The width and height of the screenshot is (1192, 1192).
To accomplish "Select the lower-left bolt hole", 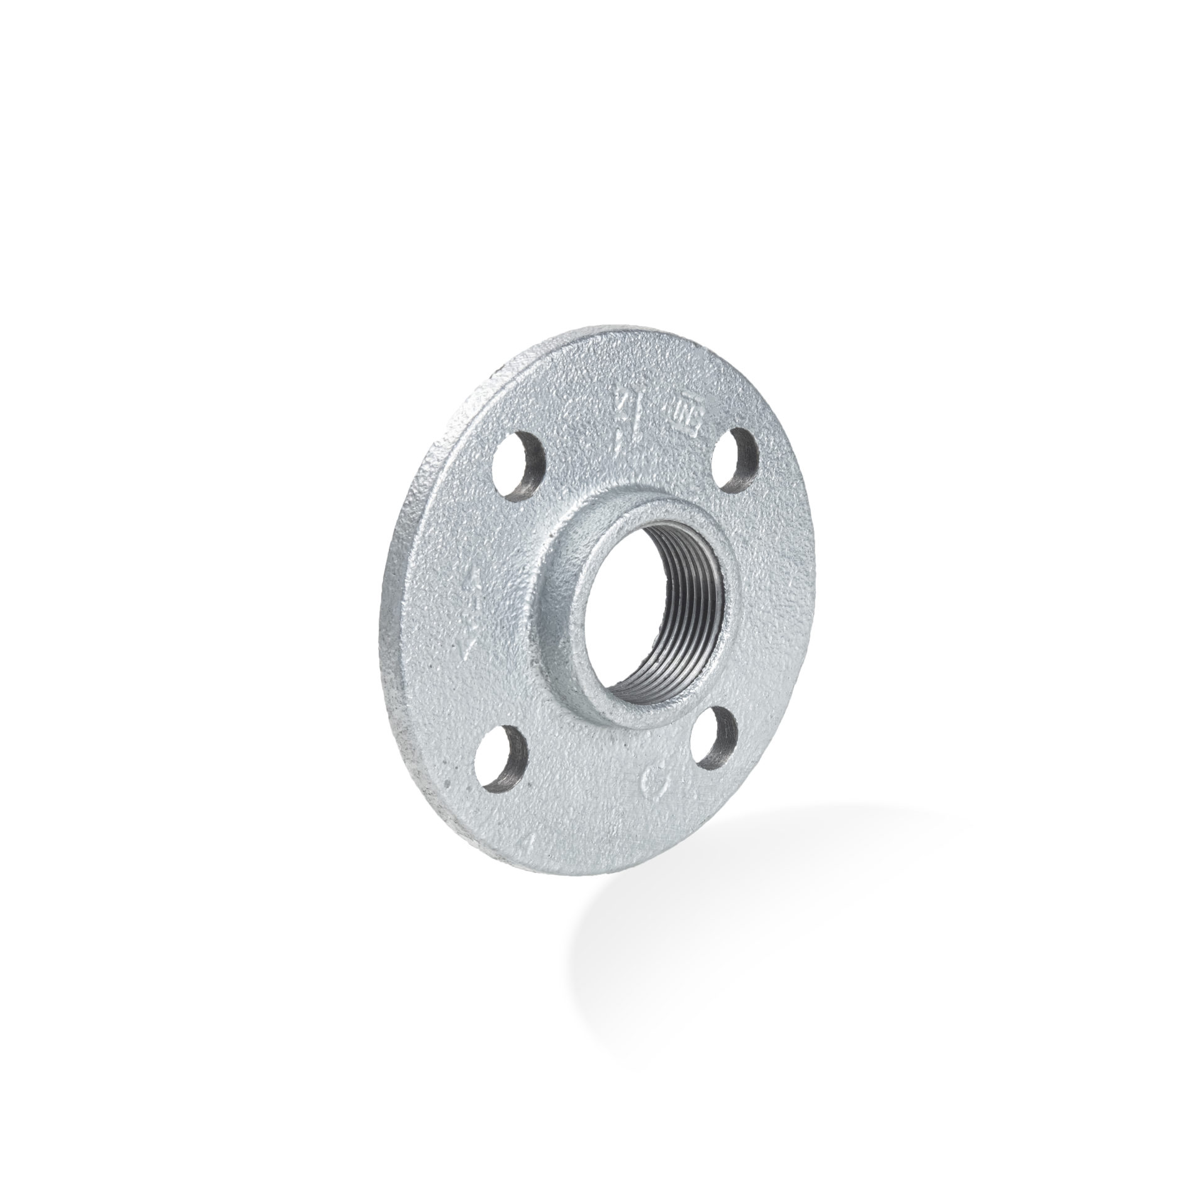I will pyautogui.click(x=501, y=761).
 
